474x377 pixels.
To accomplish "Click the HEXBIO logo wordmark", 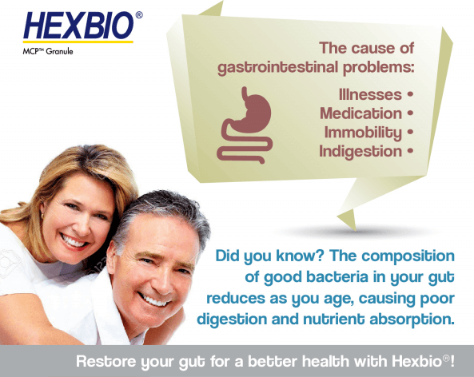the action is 78,26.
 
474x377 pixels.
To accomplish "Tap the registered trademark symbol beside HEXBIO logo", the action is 139,15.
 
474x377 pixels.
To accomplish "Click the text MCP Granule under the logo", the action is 48,51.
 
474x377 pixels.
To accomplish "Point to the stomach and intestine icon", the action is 245,125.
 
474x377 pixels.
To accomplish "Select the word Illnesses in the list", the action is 370,94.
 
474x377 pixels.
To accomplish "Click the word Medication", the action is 361,113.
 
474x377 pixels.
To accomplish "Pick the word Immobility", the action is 363,133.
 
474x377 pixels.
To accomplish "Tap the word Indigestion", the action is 360,152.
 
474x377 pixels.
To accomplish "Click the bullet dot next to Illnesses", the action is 410,94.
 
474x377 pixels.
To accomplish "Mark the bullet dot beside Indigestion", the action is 410,150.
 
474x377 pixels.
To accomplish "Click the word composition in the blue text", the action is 408,256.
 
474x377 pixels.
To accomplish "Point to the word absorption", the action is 412,320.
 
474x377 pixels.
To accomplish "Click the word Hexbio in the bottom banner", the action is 417,361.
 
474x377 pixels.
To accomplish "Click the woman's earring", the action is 42,216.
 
